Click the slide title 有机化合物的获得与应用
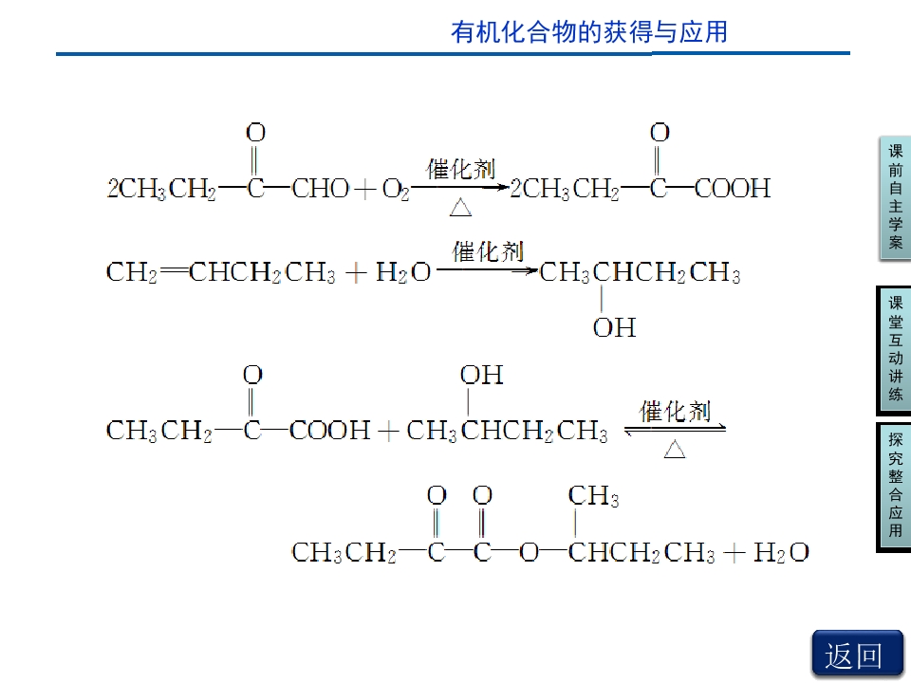tap(588, 32)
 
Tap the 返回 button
tap(856, 655)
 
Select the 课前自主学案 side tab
tap(895, 197)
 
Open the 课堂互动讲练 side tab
tap(895, 350)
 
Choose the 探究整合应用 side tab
tap(895, 487)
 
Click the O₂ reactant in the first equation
tap(396, 190)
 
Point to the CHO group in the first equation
tap(320, 189)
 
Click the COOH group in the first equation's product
tap(733, 188)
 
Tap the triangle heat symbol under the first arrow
tap(461, 208)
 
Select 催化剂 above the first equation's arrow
tap(460, 169)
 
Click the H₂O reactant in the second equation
tap(403, 272)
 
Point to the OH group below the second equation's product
tap(614, 327)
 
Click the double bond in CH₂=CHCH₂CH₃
tap(173, 270)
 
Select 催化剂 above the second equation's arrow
tap(488, 251)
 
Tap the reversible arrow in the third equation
tap(675, 429)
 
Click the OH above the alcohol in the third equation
tap(482, 376)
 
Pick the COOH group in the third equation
tap(329, 431)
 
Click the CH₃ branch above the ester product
tap(593, 496)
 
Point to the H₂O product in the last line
tap(781, 552)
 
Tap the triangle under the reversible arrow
tap(675, 450)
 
